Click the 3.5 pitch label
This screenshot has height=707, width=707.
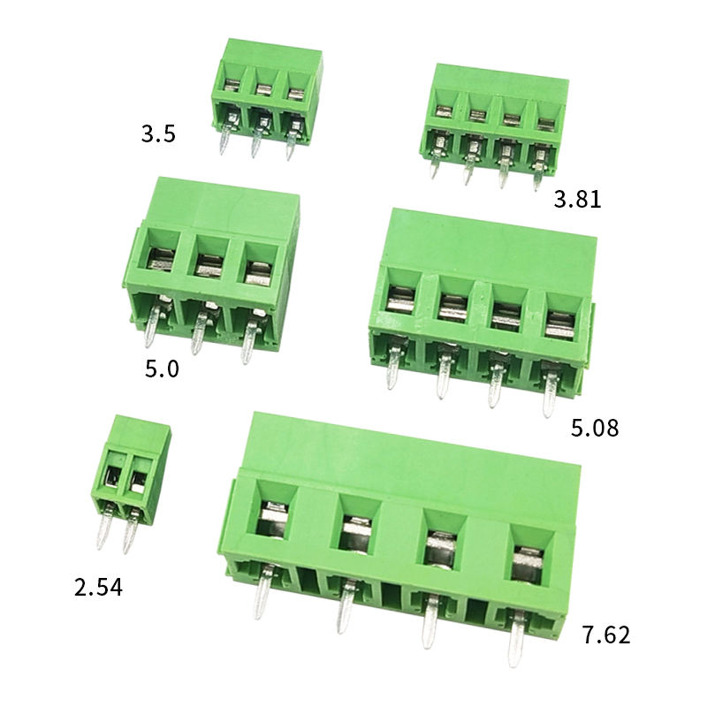(158, 134)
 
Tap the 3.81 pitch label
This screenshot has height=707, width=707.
(578, 199)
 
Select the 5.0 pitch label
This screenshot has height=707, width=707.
(162, 369)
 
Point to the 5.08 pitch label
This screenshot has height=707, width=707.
(595, 428)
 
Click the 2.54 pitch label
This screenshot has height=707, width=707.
(98, 588)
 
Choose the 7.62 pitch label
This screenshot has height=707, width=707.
(606, 635)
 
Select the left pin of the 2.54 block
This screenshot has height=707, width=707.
(104, 527)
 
